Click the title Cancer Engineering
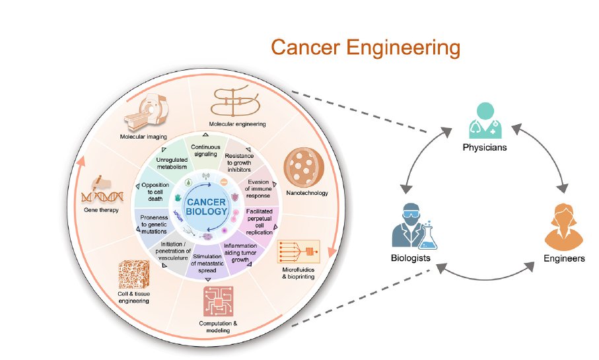pyautogui.click(x=365, y=48)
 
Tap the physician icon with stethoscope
pyautogui.click(x=485, y=119)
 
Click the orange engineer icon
pyautogui.click(x=560, y=229)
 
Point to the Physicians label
pyautogui.click(x=485, y=147)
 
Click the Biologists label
pyautogui.click(x=410, y=258)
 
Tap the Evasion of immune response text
pyautogui.click(x=260, y=188)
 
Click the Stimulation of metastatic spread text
pyautogui.click(x=209, y=261)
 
